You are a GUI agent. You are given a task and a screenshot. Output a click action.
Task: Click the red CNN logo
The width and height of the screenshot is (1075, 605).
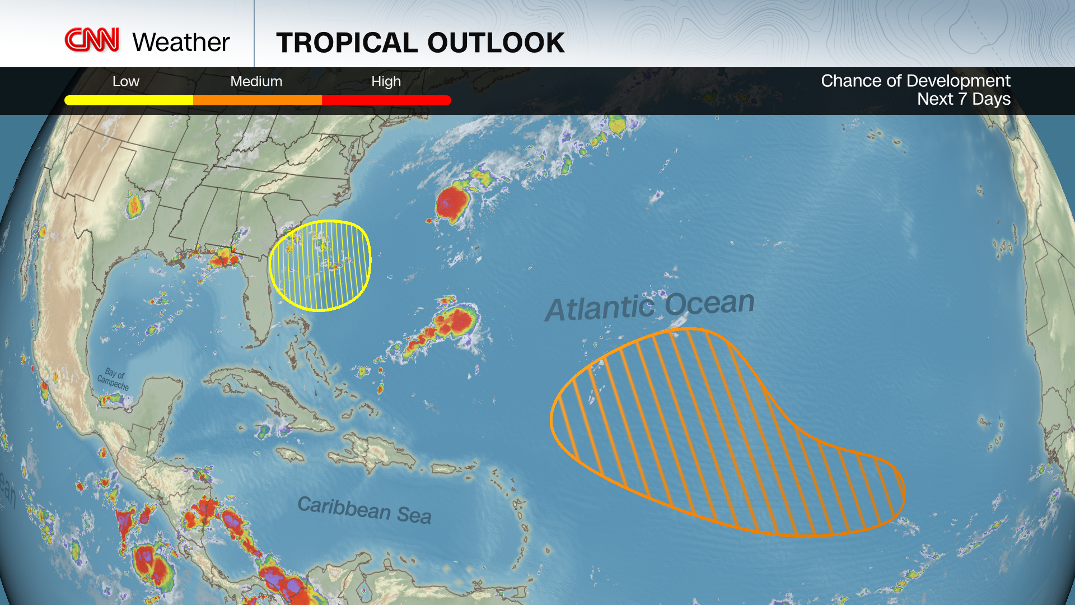[x=92, y=40]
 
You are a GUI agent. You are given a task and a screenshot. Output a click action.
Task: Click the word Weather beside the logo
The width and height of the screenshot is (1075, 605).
[x=181, y=43]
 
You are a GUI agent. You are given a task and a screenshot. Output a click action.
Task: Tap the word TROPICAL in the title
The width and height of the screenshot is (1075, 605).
[x=347, y=43]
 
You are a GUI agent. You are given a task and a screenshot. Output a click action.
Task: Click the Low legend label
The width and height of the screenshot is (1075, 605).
[x=125, y=82]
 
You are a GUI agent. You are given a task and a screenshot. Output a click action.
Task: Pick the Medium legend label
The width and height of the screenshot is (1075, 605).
[x=256, y=82]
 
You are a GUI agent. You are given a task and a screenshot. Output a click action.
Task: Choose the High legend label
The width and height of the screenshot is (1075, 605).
[x=386, y=82]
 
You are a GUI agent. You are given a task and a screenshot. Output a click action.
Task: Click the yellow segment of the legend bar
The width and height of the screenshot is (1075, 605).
[x=129, y=100]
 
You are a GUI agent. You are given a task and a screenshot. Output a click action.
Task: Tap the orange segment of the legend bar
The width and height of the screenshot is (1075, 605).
[x=258, y=100]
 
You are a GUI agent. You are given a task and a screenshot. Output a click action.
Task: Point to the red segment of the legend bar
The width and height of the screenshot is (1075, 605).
[x=386, y=100]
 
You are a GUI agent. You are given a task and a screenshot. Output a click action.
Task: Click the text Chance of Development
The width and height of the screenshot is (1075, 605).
[x=915, y=81]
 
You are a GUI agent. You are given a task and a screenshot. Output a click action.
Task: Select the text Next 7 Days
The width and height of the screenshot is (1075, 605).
[x=964, y=99]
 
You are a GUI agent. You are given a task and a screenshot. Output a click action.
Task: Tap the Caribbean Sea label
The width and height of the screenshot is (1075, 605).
[x=364, y=510]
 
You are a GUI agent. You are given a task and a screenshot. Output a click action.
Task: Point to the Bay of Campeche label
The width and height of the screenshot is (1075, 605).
[x=114, y=379]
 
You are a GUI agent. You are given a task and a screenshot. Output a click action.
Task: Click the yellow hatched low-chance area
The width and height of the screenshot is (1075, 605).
[x=320, y=266]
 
